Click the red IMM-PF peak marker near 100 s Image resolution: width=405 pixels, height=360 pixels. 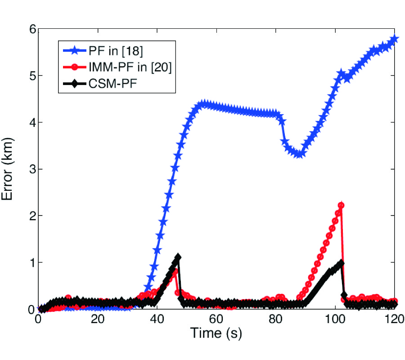(341, 206)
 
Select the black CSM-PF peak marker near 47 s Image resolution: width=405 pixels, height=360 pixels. (178, 257)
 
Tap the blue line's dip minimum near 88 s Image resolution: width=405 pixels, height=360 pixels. (299, 154)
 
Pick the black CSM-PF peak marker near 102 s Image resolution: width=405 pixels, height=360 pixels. (341, 263)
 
